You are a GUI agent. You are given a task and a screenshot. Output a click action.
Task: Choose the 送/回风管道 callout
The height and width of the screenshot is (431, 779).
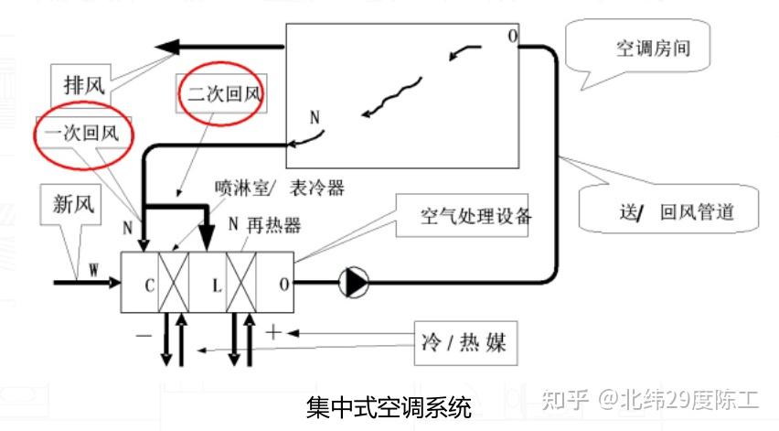(x=676, y=213)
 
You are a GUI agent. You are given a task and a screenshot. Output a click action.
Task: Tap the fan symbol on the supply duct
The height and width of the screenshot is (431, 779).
(x=352, y=283)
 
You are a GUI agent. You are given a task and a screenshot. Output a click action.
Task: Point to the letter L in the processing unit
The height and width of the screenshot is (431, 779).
(x=217, y=285)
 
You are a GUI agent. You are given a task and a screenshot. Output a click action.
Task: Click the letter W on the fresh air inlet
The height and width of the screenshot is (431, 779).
(x=93, y=270)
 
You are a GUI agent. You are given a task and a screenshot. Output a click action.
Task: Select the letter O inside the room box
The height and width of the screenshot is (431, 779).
(x=512, y=37)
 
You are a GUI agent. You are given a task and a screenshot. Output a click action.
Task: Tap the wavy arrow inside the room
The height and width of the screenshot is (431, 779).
(x=392, y=97)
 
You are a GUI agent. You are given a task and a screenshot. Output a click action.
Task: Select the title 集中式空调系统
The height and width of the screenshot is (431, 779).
(x=389, y=406)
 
